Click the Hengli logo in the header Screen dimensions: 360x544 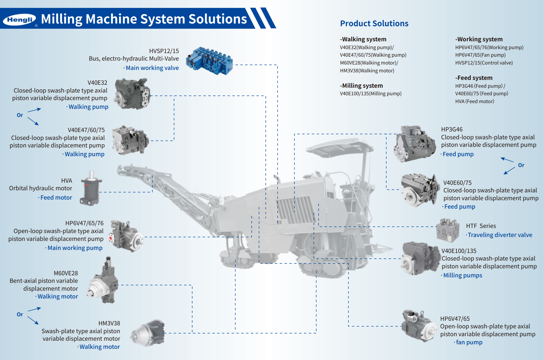pos(20,20)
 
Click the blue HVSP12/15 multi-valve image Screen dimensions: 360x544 pos(209,61)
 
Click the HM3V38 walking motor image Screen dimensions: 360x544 pos(148,333)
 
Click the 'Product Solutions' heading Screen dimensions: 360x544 pos(374,24)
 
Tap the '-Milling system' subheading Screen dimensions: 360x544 pos(361,86)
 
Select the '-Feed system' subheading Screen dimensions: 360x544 pos(474,78)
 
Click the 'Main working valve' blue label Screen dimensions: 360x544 pos(152,68)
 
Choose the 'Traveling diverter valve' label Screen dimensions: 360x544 pos(500,235)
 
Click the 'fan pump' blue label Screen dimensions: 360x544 pos(469,342)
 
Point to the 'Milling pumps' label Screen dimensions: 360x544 pos(463,275)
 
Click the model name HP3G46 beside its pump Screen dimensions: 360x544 pos(452,129)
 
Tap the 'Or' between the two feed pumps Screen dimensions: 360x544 pos(521,165)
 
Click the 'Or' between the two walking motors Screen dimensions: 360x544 pos(20,314)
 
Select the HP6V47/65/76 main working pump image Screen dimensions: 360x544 pos(126,236)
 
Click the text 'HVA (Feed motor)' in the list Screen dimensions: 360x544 pos(475,101)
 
